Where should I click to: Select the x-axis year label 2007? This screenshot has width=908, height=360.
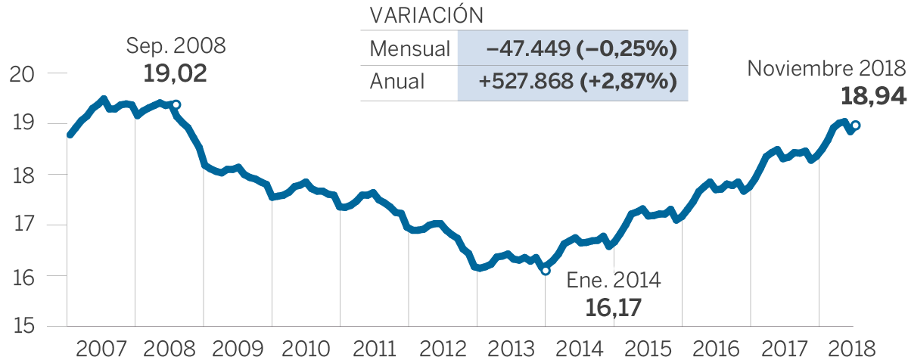pyautogui.click(x=101, y=349)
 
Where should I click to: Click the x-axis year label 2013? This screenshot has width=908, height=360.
pyautogui.click(x=511, y=349)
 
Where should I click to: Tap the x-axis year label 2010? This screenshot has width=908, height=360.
pyautogui.click(x=306, y=349)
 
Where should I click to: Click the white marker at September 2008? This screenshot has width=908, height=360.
pyautogui.click(x=176, y=105)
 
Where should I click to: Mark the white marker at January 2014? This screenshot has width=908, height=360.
pyautogui.click(x=545, y=270)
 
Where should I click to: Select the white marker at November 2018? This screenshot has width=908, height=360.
pyautogui.click(x=855, y=126)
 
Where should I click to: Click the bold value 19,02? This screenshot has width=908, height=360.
pyautogui.click(x=175, y=73)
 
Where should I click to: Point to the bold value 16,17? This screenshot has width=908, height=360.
pyautogui.click(x=614, y=308)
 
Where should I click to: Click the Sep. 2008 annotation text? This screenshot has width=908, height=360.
pyautogui.click(x=176, y=46)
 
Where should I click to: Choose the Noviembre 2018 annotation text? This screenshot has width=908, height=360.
pyautogui.click(x=826, y=68)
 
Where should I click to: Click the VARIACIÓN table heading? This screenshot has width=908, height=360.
pyautogui.click(x=426, y=17)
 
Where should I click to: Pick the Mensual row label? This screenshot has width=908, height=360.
pyautogui.click(x=409, y=49)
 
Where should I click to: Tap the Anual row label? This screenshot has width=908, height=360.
pyautogui.click(x=397, y=81)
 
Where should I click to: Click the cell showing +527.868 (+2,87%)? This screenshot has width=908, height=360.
pyautogui.click(x=573, y=81)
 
